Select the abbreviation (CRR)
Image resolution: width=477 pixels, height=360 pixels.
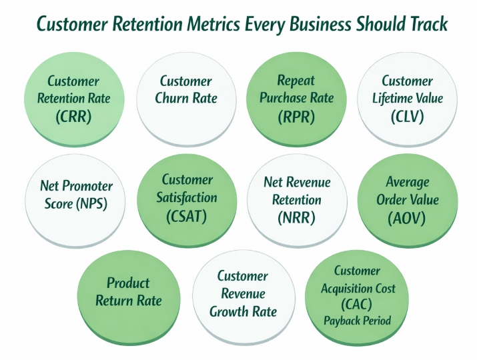[x=75, y=117]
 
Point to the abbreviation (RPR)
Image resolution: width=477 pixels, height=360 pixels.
[x=296, y=116]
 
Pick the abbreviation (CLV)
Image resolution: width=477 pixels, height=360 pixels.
[x=407, y=116]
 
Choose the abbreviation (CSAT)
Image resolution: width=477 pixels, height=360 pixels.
[x=186, y=216]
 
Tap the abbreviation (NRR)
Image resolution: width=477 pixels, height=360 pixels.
[x=296, y=217]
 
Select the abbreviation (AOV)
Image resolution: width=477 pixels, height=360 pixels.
[x=407, y=217]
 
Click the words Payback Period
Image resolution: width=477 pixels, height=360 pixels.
[x=358, y=321]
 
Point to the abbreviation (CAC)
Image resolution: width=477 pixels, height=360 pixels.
[x=358, y=305]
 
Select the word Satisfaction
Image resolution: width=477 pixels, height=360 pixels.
[x=186, y=197]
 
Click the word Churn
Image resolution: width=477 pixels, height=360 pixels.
[x=179, y=98]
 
